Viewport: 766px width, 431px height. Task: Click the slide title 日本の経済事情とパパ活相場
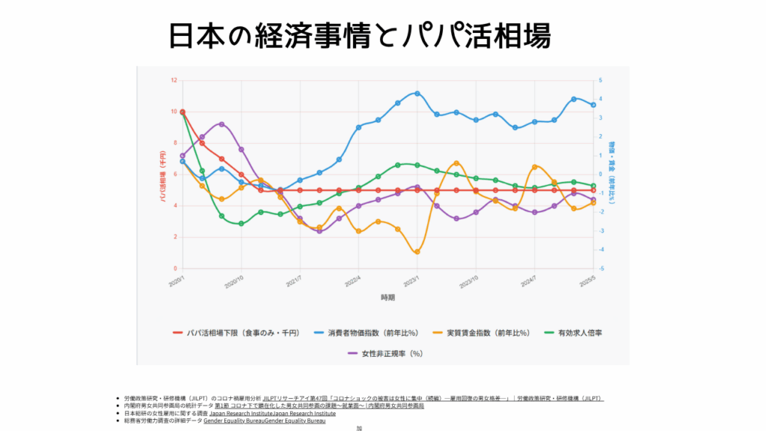click(359, 34)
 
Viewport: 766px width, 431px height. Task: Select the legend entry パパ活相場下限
click(236, 332)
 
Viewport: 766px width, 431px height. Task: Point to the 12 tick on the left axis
click(174, 80)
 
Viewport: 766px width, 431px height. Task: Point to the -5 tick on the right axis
click(601, 269)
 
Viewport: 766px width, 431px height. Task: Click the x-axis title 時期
click(387, 297)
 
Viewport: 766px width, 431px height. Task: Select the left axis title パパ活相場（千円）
click(162, 174)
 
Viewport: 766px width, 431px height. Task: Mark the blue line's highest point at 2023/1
click(417, 94)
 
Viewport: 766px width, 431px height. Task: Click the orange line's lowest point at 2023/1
click(417, 252)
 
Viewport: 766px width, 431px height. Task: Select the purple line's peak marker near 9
click(221, 124)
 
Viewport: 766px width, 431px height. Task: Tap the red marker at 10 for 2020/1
click(183, 111)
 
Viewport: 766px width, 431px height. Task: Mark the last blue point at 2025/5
click(593, 105)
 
